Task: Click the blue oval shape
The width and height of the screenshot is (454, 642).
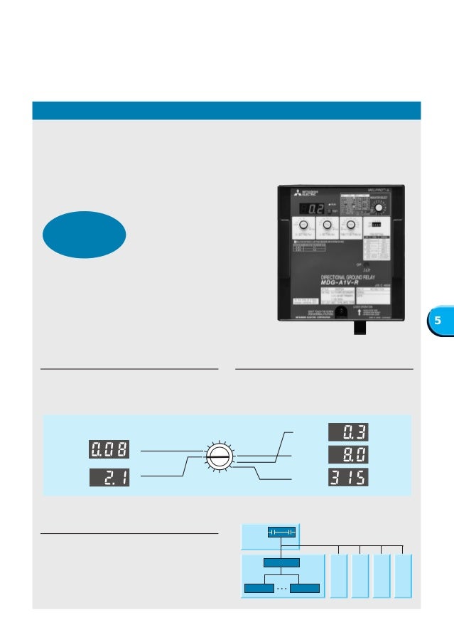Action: point(84,234)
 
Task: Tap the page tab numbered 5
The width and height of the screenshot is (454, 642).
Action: point(438,321)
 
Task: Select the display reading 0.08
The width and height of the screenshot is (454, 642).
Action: point(109,450)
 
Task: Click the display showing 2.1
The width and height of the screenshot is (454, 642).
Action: point(109,477)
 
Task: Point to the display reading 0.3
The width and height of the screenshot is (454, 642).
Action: point(348,432)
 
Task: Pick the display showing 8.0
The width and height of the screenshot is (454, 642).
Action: point(348,454)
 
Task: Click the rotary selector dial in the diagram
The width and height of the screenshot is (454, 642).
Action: point(217,456)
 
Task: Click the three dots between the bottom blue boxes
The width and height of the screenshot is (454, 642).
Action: point(281,588)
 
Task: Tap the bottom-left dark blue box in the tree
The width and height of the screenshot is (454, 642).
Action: point(259,588)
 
